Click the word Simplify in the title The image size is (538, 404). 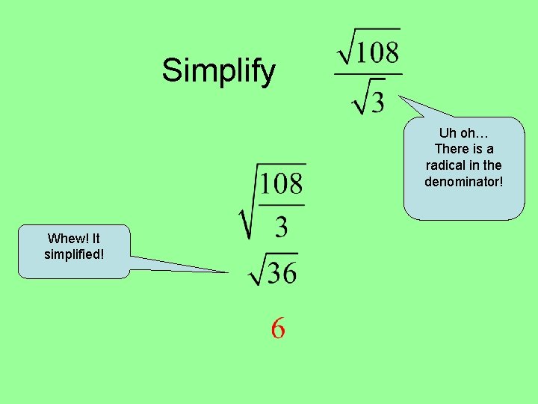tap(218, 72)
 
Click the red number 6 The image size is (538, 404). tap(278, 328)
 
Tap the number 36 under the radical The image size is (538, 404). tap(282, 273)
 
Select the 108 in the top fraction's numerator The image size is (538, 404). tap(377, 52)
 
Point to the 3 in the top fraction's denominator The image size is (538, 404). tap(377, 100)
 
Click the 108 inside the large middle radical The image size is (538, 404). tap(282, 184)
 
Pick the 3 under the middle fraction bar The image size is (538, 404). tap(281, 226)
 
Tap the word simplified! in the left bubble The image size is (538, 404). tap(74, 254)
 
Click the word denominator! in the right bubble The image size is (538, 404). tap(464, 181)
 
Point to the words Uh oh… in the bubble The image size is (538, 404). tap(463, 133)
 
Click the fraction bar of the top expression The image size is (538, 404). tap(368, 74)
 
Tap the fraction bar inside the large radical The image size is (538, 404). tap(282, 204)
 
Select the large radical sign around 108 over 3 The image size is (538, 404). tap(247, 209)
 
